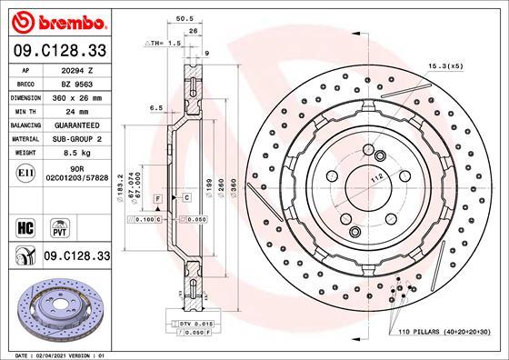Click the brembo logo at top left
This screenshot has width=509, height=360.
(x=56, y=20)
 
